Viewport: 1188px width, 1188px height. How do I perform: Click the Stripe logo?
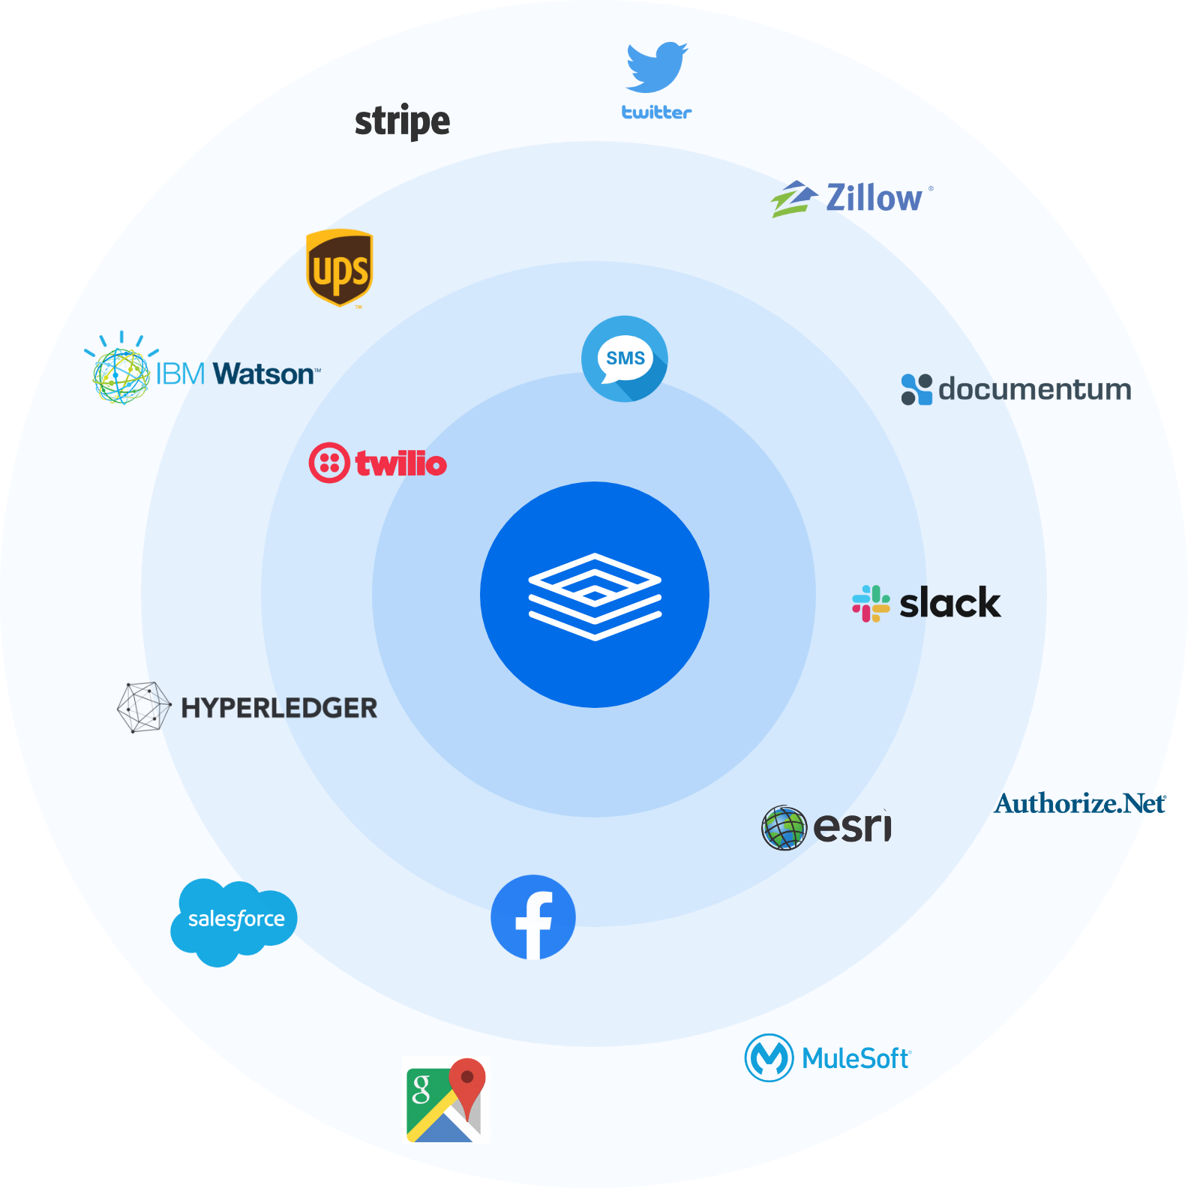coord(402,121)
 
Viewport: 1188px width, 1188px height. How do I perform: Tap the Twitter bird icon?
coord(657,67)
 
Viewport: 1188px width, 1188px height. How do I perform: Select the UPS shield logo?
coord(340,268)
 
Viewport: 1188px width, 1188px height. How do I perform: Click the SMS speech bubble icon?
coord(625,358)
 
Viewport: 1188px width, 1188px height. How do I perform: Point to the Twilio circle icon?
coord(329,463)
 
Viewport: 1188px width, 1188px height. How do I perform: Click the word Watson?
coord(265,373)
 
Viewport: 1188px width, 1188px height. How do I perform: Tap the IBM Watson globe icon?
coord(120,374)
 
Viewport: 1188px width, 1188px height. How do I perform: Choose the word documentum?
coord(1034,389)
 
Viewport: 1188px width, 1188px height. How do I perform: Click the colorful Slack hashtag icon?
coord(871,603)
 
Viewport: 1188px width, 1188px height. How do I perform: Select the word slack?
coord(949,603)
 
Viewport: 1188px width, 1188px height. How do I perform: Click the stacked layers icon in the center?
coord(595,596)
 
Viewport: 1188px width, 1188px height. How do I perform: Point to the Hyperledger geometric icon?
coord(144,707)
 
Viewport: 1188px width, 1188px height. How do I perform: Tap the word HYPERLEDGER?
coord(279,708)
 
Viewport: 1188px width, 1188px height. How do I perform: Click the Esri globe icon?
coord(784,828)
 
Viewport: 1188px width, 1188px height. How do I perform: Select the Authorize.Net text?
coord(1080,804)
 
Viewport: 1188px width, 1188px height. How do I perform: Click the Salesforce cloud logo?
coord(235,919)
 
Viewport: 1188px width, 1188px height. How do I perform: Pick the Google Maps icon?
coord(446,1099)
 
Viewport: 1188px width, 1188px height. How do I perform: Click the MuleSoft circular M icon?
coord(769,1057)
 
